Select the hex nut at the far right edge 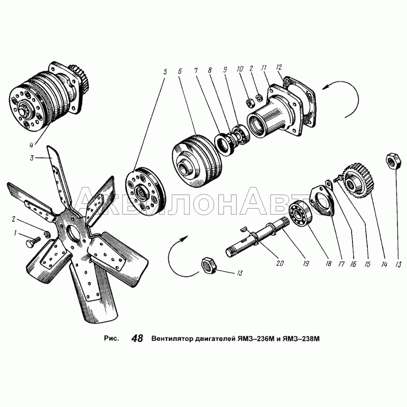[392, 161]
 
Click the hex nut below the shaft [209, 265]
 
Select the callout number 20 [280, 263]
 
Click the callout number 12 [279, 67]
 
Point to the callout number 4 [32, 145]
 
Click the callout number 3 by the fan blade [32, 158]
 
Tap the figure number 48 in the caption [137, 338]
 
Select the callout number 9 [225, 70]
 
